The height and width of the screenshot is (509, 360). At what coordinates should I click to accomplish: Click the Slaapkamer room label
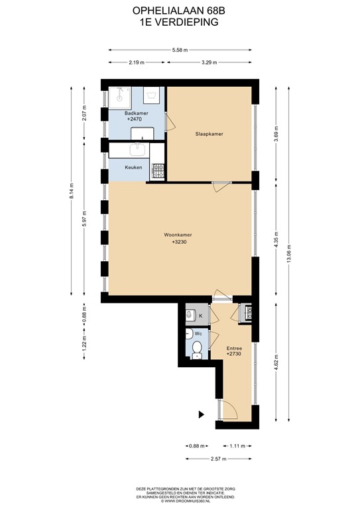pos(208,134)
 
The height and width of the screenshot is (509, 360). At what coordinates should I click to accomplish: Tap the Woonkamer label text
pos(179,235)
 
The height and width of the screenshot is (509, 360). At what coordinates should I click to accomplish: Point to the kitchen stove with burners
pos(158,172)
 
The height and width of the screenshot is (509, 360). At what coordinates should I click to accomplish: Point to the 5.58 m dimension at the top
pos(179,50)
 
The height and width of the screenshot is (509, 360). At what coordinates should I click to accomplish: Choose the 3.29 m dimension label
pos(209,63)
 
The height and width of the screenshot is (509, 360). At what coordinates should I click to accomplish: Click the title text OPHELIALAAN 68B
pos(179,11)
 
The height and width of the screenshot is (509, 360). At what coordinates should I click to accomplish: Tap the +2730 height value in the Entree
pos(233,355)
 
